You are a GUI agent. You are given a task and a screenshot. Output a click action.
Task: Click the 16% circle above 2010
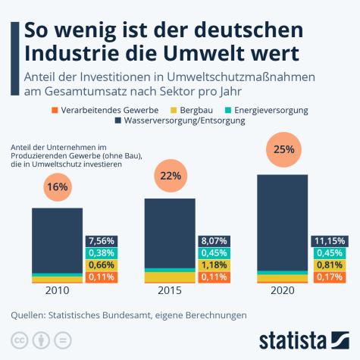58,186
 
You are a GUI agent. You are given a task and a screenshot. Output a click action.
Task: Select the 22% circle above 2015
171,176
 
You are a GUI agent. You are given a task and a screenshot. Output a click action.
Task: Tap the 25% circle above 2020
283,149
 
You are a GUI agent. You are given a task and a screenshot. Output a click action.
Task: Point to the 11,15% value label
330,241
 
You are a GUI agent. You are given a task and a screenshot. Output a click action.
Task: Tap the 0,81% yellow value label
330,265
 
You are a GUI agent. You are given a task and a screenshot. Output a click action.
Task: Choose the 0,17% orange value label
330,277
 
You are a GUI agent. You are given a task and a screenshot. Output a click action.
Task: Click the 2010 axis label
57,290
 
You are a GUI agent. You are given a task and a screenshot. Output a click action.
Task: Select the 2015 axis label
171,290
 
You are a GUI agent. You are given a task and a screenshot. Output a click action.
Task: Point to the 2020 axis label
283,290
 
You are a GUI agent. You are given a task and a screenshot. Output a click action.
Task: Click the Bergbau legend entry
198,111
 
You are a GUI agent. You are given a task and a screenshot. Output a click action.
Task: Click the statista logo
302,338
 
